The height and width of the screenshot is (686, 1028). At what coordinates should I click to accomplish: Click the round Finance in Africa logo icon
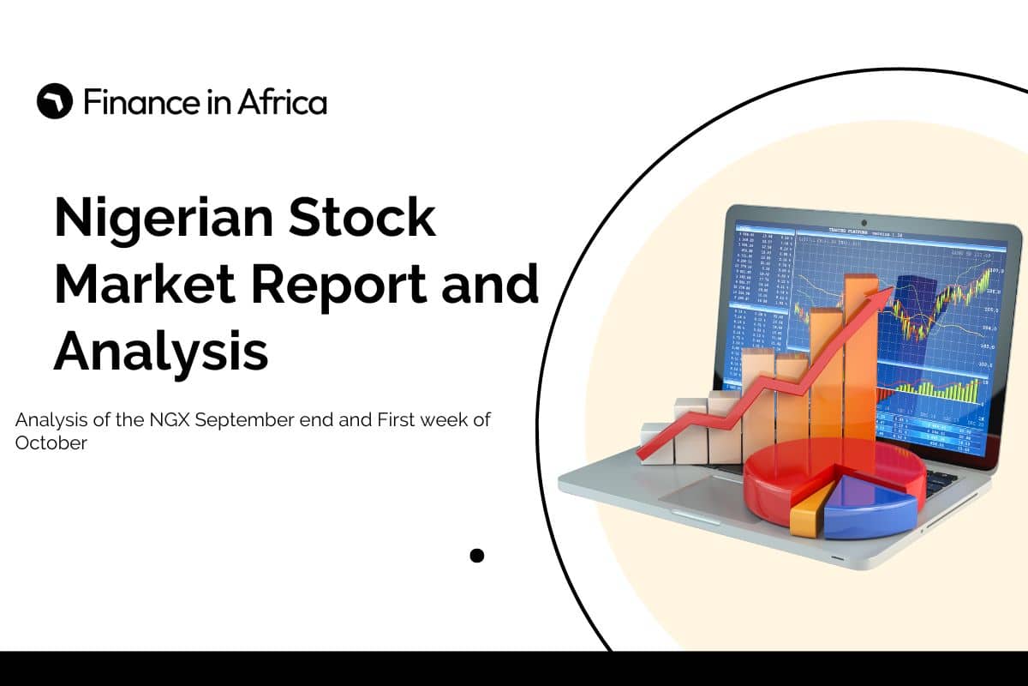pyautogui.click(x=55, y=102)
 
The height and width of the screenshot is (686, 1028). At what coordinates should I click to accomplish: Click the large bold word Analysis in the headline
pyautogui.click(x=161, y=352)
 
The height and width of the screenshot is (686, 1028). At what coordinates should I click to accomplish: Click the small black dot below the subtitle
pyautogui.click(x=477, y=556)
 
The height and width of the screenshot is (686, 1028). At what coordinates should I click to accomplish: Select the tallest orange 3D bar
pyautogui.click(x=859, y=360)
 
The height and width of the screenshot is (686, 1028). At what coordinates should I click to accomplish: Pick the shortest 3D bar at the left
pyautogui.click(x=656, y=442)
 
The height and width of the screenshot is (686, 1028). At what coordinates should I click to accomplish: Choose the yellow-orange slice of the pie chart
pyautogui.click(x=807, y=520)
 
